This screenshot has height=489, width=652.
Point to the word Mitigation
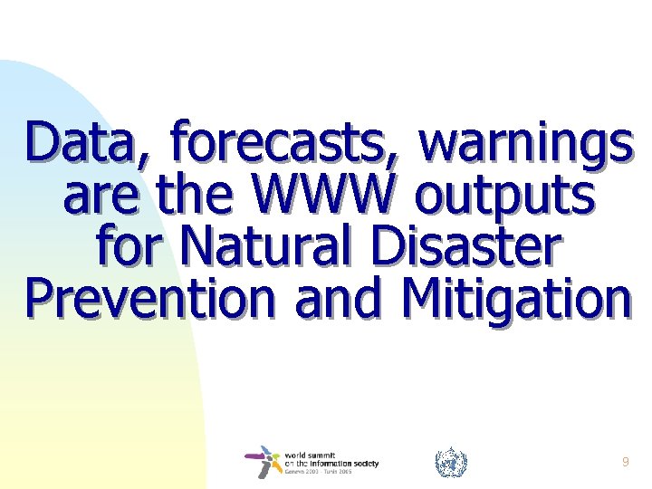pyautogui.click(x=514, y=300)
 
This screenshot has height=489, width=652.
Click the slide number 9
pyautogui.click(x=626, y=462)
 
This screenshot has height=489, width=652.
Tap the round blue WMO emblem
pyautogui.click(x=451, y=463)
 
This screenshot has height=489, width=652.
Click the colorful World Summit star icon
pyautogui.click(x=264, y=462)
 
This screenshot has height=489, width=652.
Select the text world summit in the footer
pyautogui.click(x=312, y=455)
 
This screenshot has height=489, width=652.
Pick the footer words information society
pyautogui.click(x=340, y=463)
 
